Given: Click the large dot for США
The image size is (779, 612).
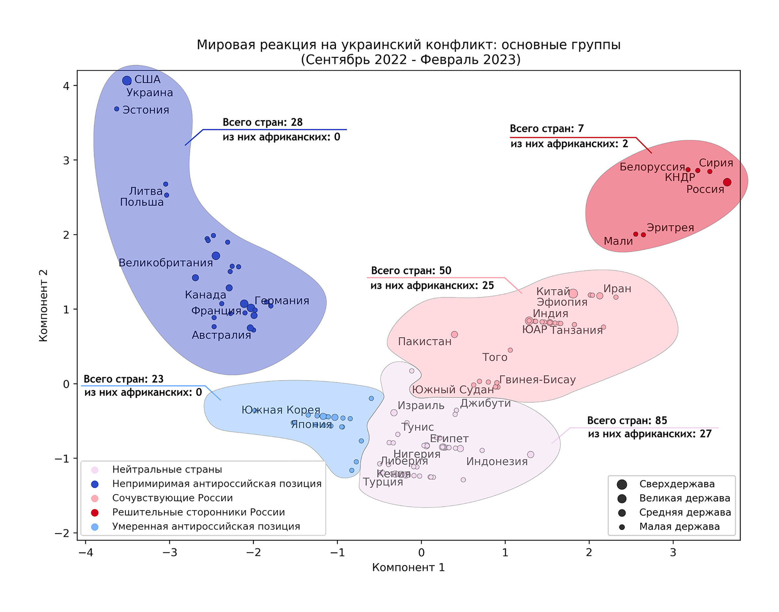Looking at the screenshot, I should pyautogui.click(x=127, y=80).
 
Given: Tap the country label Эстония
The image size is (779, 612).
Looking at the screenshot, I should pyautogui.click(x=145, y=110).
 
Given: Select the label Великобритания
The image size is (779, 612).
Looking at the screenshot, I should pyautogui.click(x=166, y=263).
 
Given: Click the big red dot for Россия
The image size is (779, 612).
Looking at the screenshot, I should pyautogui.click(x=727, y=182).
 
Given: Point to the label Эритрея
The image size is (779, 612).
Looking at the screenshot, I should pyautogui.click(x=670, y=228).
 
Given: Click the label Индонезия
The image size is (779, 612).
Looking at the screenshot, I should pyautogui.click(x=497, y=462).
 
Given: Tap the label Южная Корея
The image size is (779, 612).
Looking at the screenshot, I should pyautogui.click(x=281, y=410).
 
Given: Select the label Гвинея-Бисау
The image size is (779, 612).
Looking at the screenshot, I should pyautogui.click(x=537, y=380).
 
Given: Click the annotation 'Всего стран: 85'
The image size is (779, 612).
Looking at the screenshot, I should pyautogui.click(x=627, y=421).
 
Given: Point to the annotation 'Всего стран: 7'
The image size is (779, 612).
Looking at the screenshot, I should pyautogui.click(x=546, y=129).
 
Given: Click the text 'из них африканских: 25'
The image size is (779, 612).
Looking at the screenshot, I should pyautogui.click(x=432, y=286).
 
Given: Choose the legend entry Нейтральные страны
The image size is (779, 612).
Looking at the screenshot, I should pyautogui.click(x=167, y=470).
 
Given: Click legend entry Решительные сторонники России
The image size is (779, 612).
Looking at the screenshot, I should pyautogui.click(x=199, y=512).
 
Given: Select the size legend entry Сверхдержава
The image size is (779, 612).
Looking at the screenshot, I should pyautogui.click(x=676, y=484).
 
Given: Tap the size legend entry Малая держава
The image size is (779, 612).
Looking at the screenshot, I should pyautogui.click(x=679, y=527).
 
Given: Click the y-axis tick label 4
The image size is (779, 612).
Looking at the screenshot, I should pyautogui.click(x=66, y=86).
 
